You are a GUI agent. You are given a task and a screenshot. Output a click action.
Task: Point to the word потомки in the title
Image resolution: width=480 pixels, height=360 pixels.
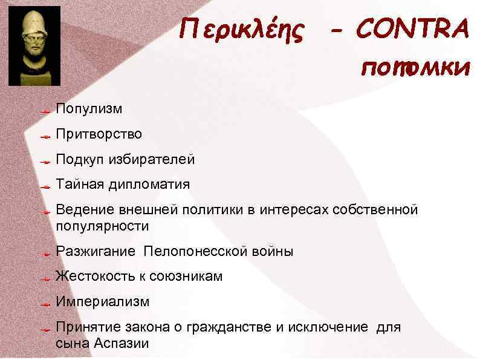coord(415,68)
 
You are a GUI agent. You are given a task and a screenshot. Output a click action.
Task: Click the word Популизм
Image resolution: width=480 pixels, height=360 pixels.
coord(89,109)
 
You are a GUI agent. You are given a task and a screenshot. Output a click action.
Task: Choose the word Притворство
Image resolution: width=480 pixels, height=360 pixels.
coord(99,134)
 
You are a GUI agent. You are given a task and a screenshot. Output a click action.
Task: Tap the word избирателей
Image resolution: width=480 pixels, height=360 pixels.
coord(152,160)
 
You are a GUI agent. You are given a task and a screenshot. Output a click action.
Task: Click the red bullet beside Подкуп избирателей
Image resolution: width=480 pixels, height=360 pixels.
coord(44,162)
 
